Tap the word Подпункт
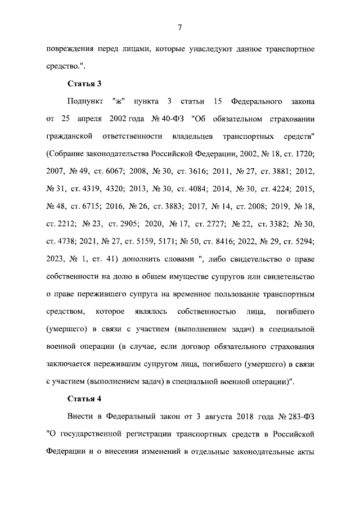coord(85,101)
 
